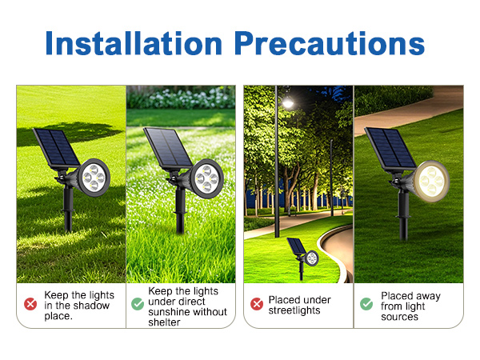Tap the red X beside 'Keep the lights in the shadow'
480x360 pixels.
[30, 304]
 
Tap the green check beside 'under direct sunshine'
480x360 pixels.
[138, 304]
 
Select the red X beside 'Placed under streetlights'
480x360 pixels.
[257, 304]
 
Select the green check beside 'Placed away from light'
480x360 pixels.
[366, 304]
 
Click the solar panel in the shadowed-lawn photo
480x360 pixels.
[56, 147]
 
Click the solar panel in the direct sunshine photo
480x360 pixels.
[167, 147]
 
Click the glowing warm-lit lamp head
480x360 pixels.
[430, 180]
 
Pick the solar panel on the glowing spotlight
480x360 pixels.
[389, 148]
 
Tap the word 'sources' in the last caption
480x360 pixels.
[399, 317]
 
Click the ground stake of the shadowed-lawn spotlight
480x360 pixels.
[69, 214]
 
